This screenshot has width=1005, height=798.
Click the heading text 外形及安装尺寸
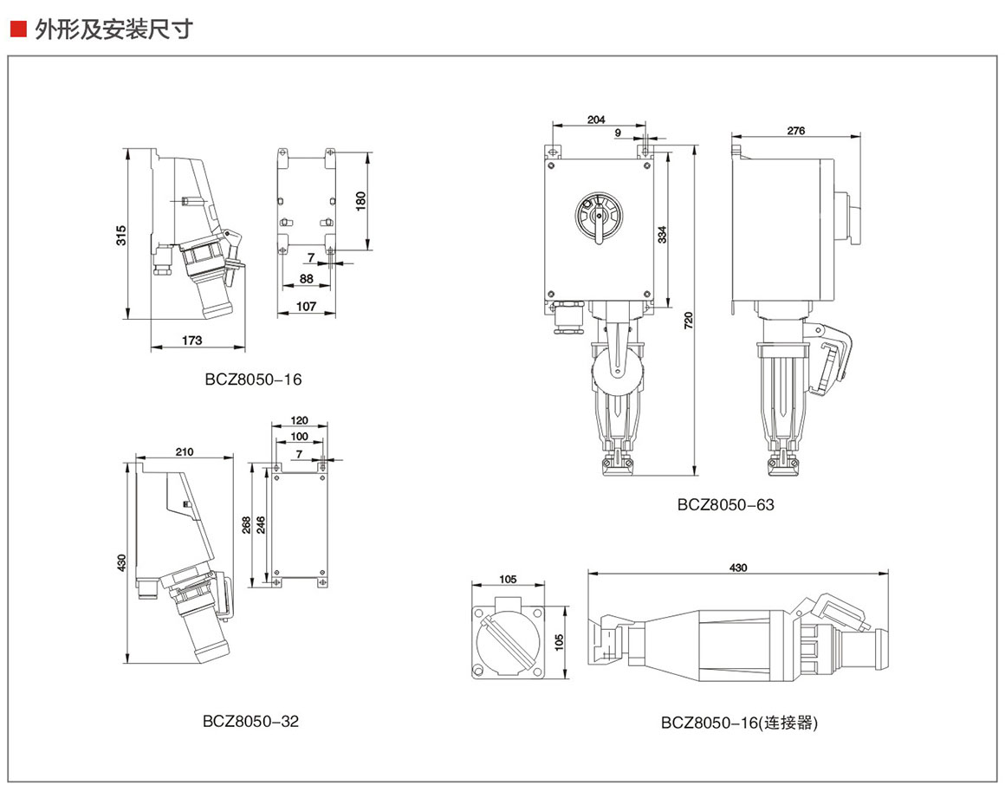pos(113,29)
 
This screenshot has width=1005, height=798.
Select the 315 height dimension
pos(122,234)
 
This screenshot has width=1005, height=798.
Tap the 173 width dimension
pos(192,341)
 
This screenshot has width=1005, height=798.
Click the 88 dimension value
pos(307,278)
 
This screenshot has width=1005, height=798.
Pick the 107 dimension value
pos(306,306)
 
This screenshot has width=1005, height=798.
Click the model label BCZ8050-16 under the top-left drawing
pos(254,379)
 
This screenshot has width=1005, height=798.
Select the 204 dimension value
pos(596,120)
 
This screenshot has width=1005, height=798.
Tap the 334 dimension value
pos(662,234)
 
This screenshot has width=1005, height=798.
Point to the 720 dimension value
pos(689,321)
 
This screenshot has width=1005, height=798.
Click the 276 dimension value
pos(795,131)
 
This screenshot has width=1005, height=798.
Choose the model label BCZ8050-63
pos(726,504)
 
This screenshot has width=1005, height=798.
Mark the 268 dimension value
pos(246,525)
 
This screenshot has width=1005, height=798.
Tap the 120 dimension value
pos(299,421)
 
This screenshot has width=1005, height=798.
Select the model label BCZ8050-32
pos(251,720)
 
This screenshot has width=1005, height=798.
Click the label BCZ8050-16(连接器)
pos(739,722)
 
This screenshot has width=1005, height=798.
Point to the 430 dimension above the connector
pos(738,568)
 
